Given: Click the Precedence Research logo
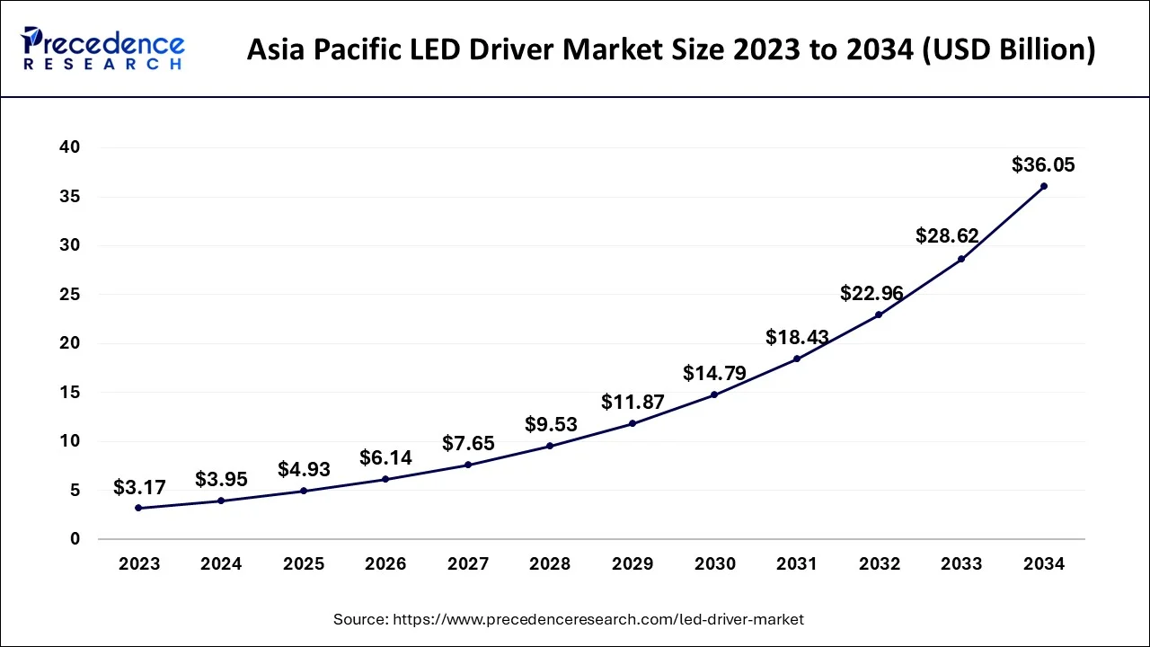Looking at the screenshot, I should point(104,49).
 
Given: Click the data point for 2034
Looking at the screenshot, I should point(1043,186).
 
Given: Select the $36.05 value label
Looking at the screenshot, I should point(1043,165).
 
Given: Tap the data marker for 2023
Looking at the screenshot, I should point(138,508).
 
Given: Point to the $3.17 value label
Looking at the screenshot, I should point(139,488).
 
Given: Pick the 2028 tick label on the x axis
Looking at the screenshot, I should point(550,564).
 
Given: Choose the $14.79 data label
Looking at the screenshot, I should point(714,373).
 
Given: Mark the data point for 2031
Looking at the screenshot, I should point(796,359).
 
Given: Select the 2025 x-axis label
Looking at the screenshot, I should point(304,564).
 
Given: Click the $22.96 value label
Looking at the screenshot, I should point(871,293).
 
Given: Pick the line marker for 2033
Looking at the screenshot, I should point(960,259).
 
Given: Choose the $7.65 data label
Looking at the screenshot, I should point(468,444).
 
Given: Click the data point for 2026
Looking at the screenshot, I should point(385,479).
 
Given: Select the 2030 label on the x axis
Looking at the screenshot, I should point(714,564).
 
